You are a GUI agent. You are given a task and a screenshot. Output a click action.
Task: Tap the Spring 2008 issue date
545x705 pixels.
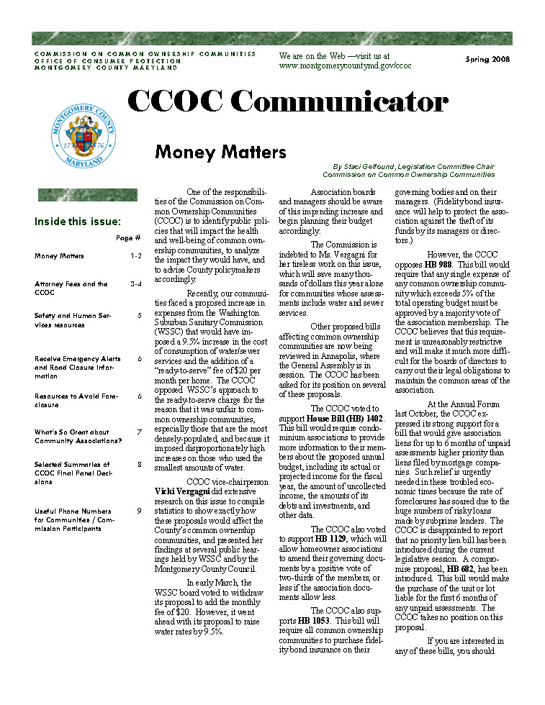(x=487, y=59)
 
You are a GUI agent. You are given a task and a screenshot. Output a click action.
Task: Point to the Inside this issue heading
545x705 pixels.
(x=78, y=222)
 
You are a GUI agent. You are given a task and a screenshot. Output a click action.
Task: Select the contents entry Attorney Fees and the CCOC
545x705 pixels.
(x=71, y=288)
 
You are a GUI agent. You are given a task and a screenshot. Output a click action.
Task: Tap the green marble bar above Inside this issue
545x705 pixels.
(x=86, y=194)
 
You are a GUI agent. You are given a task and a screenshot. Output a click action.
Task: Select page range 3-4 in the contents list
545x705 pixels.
(x=136, y=284)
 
